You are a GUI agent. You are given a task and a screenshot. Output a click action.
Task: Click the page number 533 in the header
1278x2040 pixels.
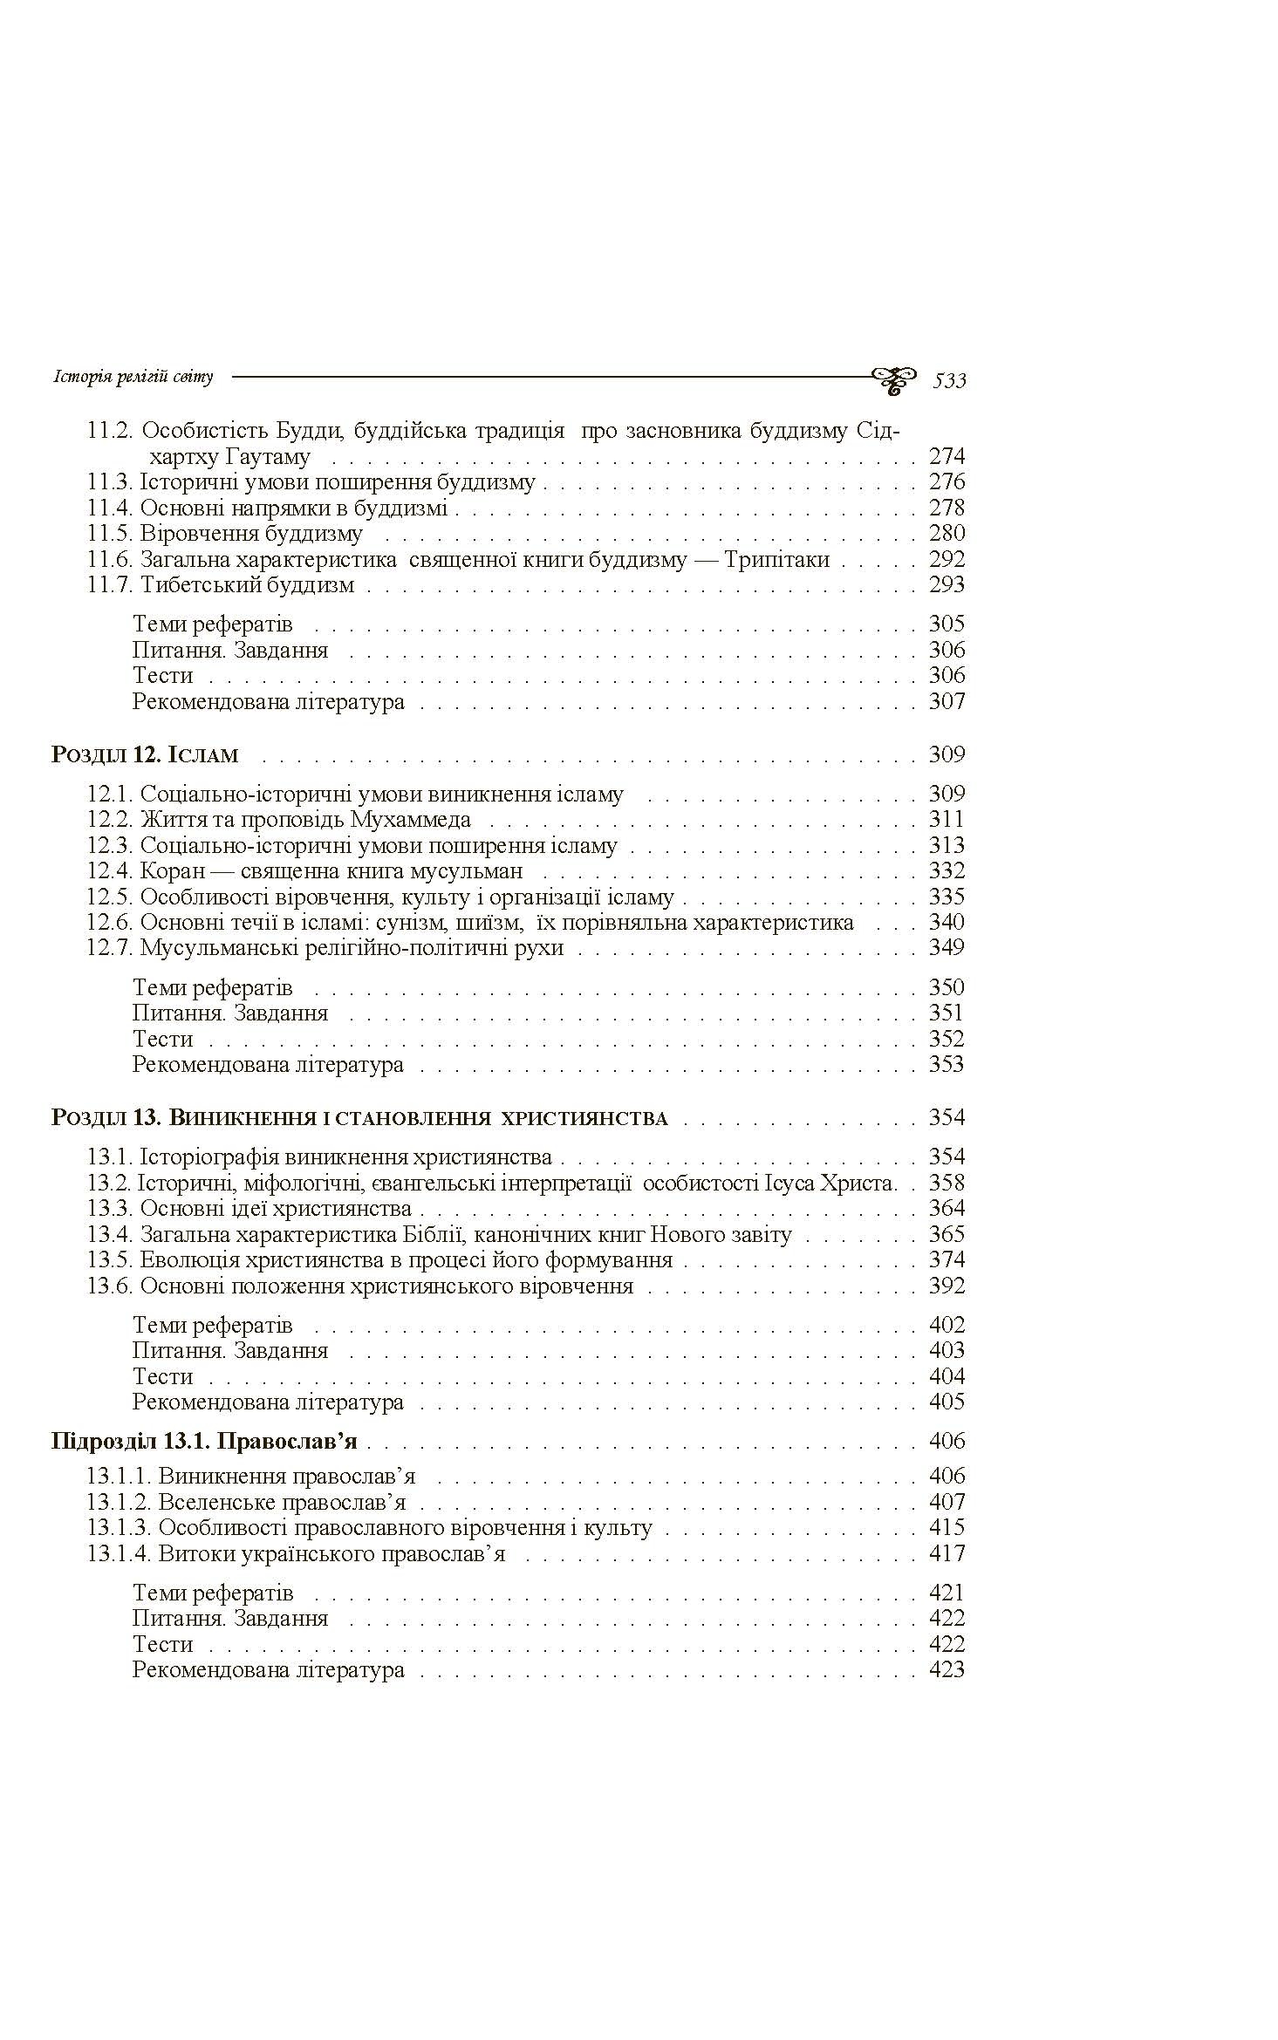[949, 380]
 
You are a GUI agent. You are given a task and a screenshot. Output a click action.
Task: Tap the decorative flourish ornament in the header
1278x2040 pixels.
[893, 379]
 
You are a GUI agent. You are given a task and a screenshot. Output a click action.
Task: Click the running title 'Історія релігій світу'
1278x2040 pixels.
[133, 378]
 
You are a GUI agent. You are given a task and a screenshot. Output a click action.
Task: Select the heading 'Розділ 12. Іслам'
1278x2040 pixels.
[145, 754]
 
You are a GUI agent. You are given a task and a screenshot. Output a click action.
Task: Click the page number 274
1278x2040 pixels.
[947, 456]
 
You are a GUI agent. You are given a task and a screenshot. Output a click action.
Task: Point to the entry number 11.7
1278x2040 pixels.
[109, 584]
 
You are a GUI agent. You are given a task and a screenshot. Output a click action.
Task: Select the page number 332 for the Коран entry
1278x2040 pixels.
[947, 870]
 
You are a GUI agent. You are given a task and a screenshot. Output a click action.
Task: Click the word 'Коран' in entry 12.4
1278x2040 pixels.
[172, 870]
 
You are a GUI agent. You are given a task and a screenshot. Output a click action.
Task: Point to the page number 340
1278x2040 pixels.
[947, 922]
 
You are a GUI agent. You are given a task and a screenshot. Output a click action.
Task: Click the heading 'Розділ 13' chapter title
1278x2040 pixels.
[359, 1118]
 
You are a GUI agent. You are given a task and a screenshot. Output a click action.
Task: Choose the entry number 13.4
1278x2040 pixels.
[109, 1234]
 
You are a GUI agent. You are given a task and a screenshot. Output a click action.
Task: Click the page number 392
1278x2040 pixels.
[947, 1286]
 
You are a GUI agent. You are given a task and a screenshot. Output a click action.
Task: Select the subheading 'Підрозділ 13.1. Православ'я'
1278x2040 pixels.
[205, 1441]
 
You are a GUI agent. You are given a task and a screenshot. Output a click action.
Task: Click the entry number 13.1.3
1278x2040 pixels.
[120, 1527]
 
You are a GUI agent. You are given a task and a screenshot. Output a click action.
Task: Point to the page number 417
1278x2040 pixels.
[947, 1553]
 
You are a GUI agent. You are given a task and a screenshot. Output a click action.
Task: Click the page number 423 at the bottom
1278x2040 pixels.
[947, 1669]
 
